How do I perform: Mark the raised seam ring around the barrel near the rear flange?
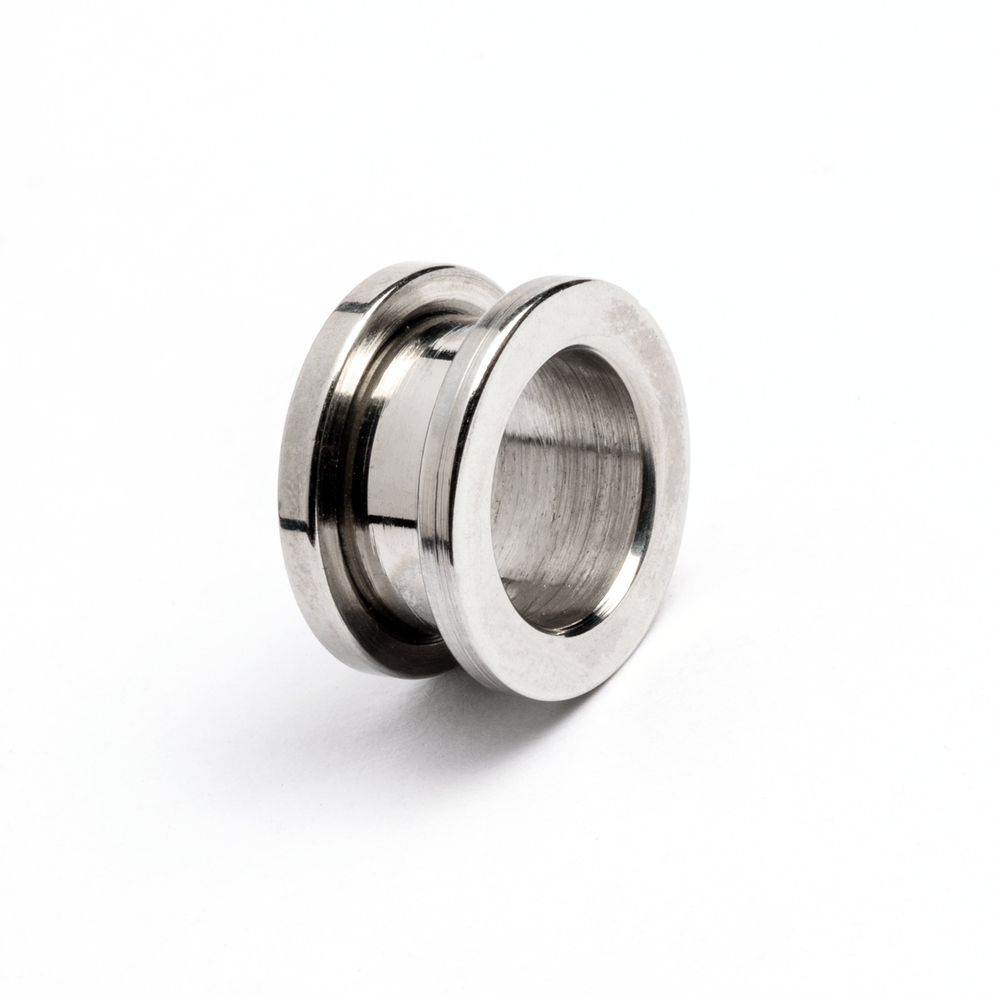pyautogui.click(x=355, y=463)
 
